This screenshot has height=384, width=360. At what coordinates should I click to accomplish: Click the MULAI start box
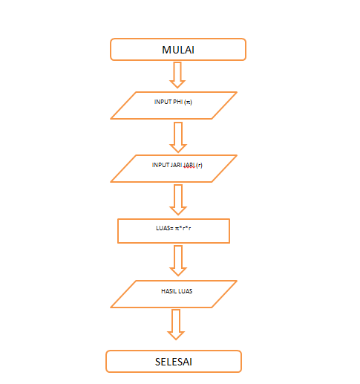177,50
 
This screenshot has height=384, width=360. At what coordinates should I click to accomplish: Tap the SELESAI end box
174,362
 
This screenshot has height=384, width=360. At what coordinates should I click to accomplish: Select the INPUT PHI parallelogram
174,105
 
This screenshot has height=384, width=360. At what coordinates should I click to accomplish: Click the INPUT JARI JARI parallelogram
174,169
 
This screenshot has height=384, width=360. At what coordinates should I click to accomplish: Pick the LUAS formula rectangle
174,231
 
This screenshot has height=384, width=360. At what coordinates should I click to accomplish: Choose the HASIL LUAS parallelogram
174,294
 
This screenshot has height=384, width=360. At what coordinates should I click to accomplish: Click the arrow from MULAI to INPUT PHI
177,75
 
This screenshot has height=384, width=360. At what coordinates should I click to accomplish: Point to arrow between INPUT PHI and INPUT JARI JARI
177,137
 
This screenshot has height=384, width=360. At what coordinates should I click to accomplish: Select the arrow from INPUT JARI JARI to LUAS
177,199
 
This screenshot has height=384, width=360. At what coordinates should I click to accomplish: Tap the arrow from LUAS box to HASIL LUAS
177,261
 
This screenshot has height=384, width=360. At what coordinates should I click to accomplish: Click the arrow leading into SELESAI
176,325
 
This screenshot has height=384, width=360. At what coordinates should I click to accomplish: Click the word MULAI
177,50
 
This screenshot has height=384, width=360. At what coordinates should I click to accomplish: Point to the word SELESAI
174,362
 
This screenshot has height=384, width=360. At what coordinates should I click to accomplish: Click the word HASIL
168,291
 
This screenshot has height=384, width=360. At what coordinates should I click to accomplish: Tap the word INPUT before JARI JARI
160,165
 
